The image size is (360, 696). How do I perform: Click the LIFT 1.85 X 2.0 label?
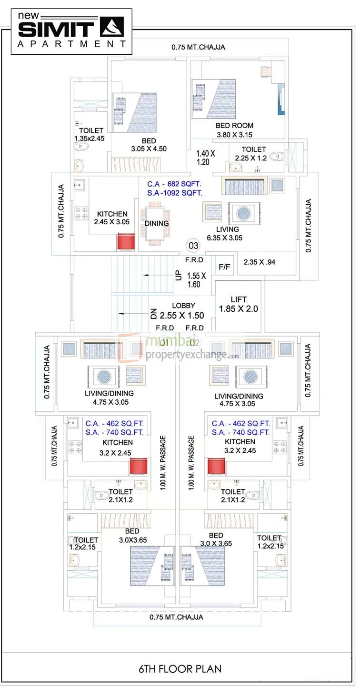238,304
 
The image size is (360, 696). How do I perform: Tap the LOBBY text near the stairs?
183,306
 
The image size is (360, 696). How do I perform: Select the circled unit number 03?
193,246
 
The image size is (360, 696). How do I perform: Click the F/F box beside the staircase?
224,267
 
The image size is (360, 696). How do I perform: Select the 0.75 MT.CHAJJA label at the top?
198,47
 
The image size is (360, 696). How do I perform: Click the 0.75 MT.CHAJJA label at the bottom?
176,617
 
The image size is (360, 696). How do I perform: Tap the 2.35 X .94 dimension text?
260,262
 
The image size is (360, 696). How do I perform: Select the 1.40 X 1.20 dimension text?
206,158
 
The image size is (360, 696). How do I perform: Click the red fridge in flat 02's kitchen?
215,466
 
